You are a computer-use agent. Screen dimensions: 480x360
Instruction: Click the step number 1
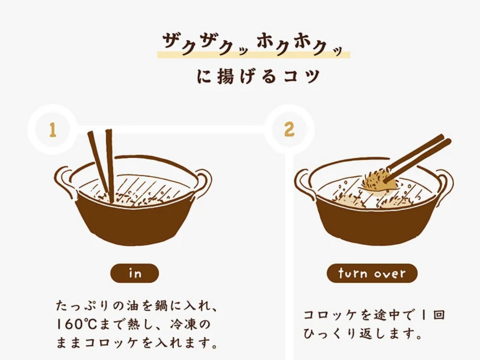click(x=52, y=130)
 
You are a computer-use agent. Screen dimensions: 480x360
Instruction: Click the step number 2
click(x=289, y=130)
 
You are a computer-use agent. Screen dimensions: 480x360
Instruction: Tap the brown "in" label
click(x=135, y=273)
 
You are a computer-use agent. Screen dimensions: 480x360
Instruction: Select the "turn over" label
click(x=372, y=273)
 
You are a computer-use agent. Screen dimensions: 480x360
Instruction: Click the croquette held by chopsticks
click(x=377, y=183)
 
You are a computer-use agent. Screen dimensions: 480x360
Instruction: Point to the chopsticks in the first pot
click(x=102, y=166)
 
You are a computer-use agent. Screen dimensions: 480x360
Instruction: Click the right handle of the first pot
click(x=202, y=182)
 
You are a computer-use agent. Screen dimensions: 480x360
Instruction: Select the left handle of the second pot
click(x=305, y=182)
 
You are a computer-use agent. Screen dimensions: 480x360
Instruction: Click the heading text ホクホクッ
click(x=300, y=46)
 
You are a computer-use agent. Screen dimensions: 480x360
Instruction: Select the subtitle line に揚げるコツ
click(x=258, y=76)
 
